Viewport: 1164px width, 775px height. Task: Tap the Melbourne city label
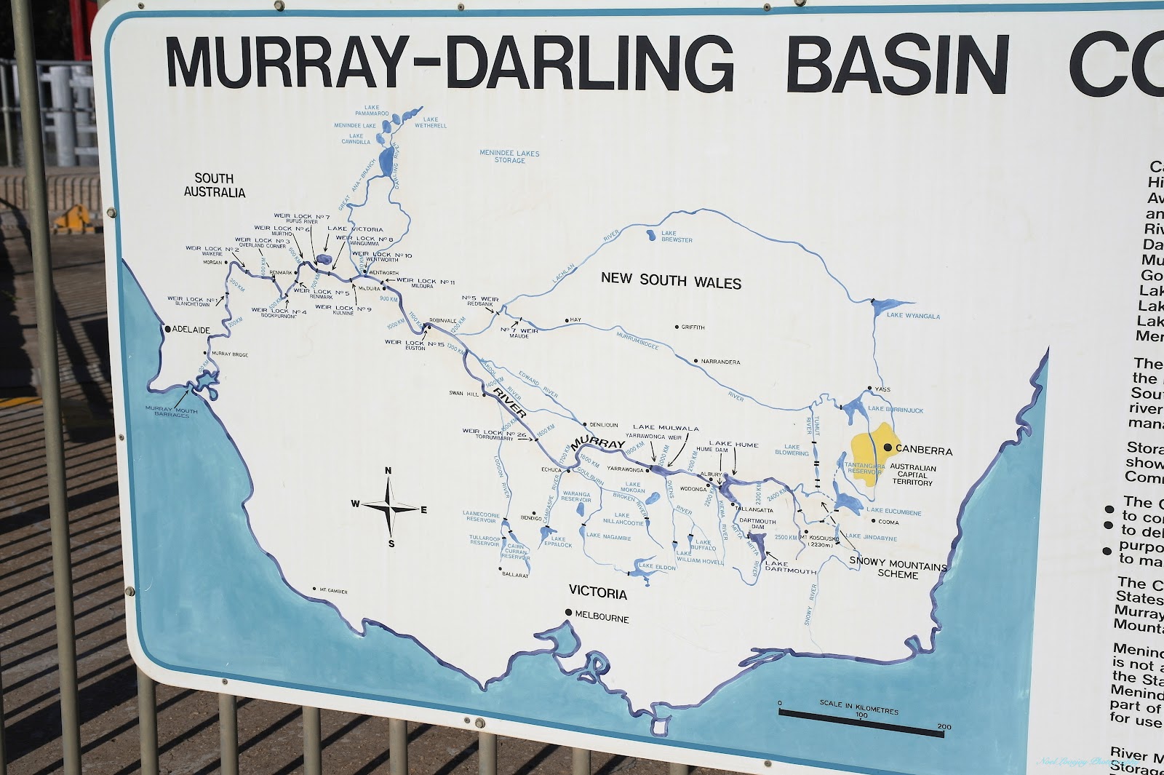point(601,619)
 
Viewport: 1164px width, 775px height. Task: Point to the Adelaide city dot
point(168,329)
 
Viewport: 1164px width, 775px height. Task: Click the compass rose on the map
point(390,506)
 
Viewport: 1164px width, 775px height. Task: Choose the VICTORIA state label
point(598,593)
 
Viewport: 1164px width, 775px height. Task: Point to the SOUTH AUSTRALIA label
point(214,186)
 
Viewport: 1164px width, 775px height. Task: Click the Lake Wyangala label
point(912,317)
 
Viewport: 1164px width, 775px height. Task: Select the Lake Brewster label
point(676,237)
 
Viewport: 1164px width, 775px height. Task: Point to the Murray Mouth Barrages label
point(172,413)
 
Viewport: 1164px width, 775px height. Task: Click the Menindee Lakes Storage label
point(509,156)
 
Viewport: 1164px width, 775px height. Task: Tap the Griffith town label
point(693,327)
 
